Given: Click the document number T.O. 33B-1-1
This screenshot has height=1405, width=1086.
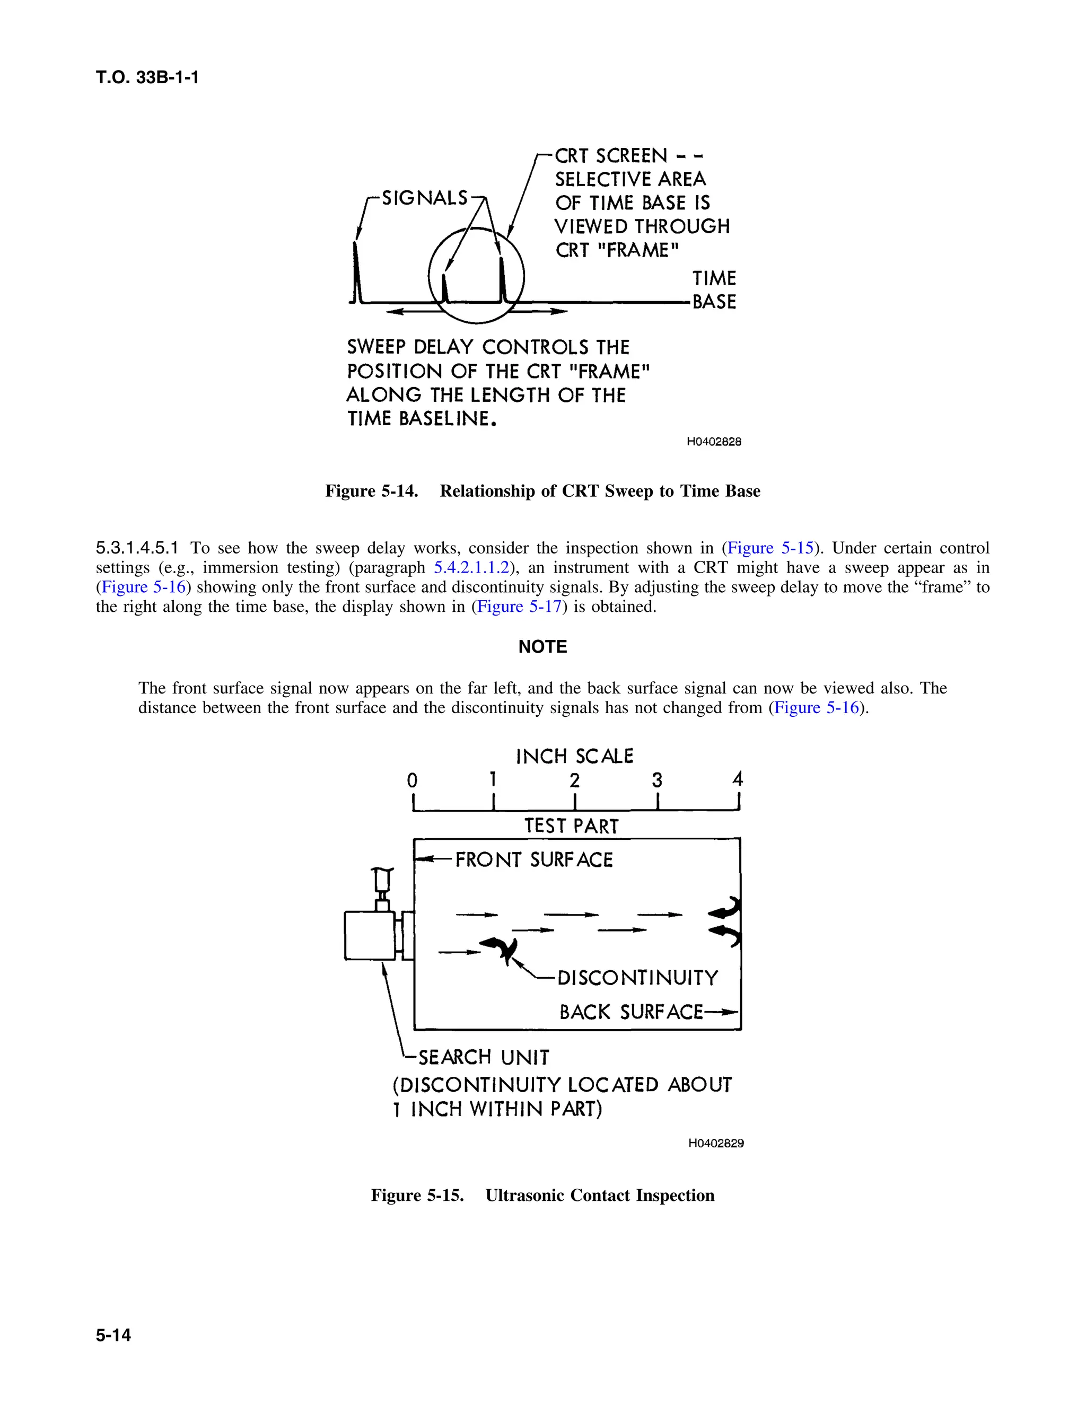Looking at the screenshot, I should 147,78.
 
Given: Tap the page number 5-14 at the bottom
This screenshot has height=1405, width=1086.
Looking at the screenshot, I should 113,1335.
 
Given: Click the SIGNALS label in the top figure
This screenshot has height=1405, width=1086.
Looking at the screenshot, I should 425,198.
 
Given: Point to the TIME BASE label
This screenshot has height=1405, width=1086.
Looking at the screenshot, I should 714,290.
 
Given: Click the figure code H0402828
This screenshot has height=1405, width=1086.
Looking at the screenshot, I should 714,442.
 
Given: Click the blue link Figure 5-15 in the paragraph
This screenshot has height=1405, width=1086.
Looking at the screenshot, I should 770,548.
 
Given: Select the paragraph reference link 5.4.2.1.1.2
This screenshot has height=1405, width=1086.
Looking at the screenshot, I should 471,567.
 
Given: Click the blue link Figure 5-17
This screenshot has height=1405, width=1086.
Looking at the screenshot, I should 519,607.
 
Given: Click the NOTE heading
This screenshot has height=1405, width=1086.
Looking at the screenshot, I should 542,646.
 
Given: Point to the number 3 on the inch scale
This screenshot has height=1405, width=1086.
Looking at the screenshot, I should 656,780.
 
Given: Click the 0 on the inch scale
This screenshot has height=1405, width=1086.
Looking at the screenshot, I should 413,780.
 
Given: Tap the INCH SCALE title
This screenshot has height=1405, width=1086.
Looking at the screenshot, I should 574,756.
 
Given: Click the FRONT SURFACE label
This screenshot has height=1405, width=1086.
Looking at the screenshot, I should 533,860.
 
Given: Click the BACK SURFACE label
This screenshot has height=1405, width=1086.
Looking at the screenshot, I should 631,1012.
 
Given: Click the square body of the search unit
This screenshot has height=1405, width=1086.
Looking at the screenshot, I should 369,935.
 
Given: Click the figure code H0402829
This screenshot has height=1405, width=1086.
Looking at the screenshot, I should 715,1143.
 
